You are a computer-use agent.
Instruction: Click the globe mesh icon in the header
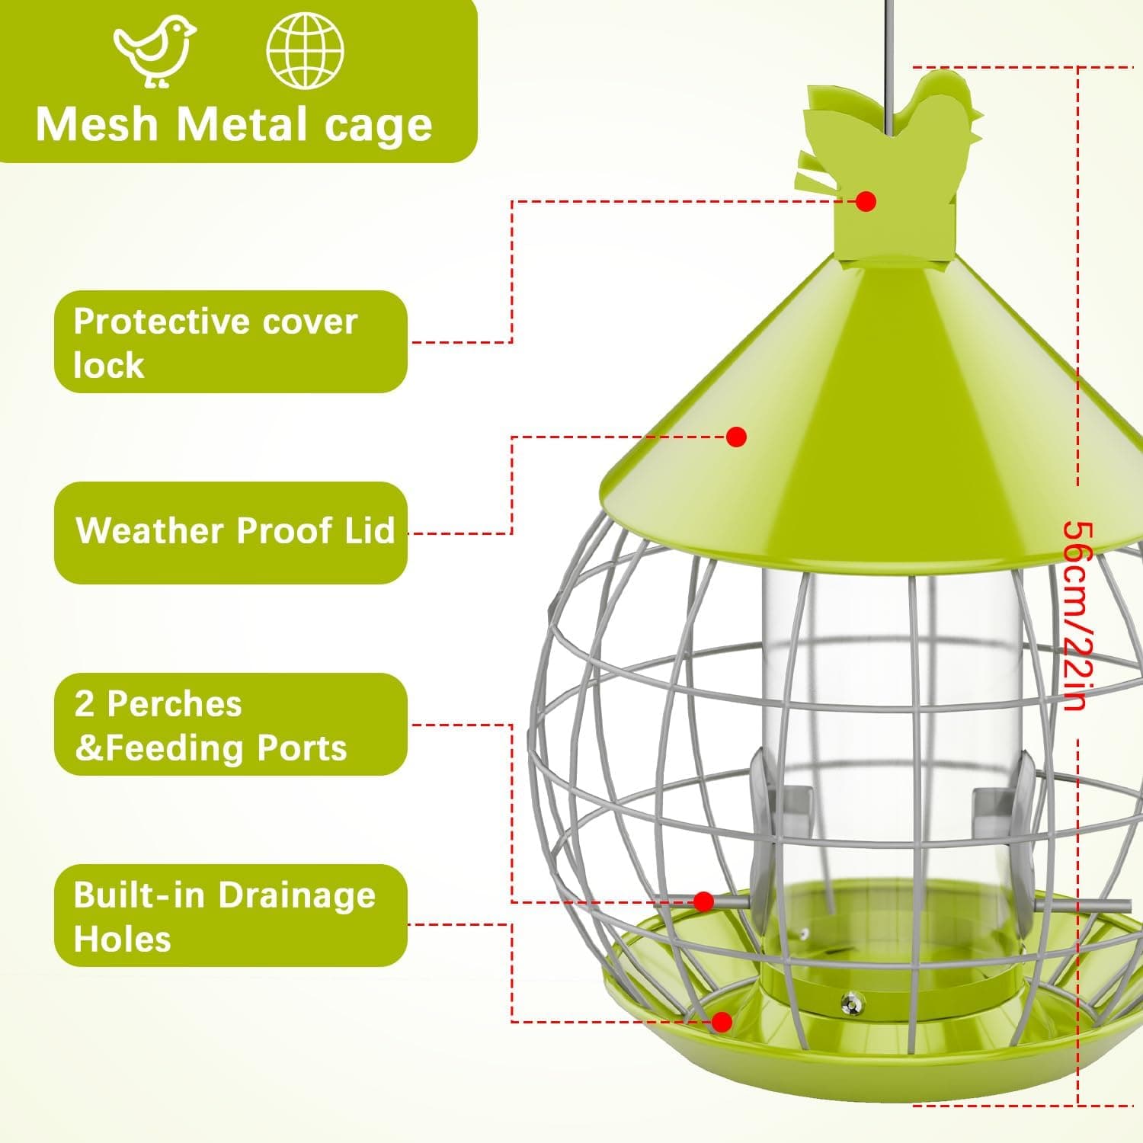coord(305,50)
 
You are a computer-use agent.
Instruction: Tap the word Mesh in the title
coord(97,123)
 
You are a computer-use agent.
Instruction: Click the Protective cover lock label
coord(231,342)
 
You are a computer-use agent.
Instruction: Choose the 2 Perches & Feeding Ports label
coord(231,725)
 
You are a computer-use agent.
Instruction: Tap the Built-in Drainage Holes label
coord(231,916)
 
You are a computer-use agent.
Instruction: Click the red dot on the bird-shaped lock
coord(866,201)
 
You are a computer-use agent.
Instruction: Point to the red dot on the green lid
coord(736,437)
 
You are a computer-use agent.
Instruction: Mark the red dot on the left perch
coord(704,902)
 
